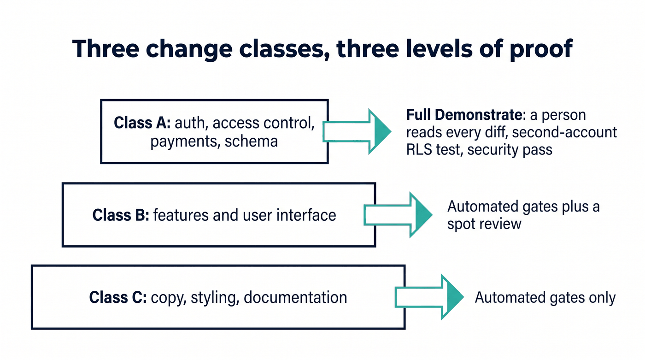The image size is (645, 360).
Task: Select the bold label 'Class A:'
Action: tap(142, 123)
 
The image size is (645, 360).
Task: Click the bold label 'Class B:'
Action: tap(121, 215)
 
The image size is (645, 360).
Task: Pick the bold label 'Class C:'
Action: tap(118, 297)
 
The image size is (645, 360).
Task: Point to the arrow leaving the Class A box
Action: tap(357, 132)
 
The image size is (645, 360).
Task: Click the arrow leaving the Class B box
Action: tap(398, 215)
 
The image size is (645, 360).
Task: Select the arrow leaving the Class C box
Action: tap(429, 297)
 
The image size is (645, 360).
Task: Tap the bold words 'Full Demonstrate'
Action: tap(464, 115)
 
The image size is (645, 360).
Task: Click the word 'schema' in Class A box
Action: tap(251, 142)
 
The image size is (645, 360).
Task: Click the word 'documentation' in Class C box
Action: tap(295, 297)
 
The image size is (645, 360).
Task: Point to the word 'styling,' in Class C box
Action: tap(215, 298)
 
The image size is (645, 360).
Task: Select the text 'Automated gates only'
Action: tap(545, 298)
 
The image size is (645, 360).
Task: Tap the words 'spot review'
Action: tap(484, 224)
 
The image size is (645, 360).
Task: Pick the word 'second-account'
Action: tap(564, 132)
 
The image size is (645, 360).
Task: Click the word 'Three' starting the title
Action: tap(106, 49)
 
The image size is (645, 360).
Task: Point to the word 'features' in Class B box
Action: tap(181, 215)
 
